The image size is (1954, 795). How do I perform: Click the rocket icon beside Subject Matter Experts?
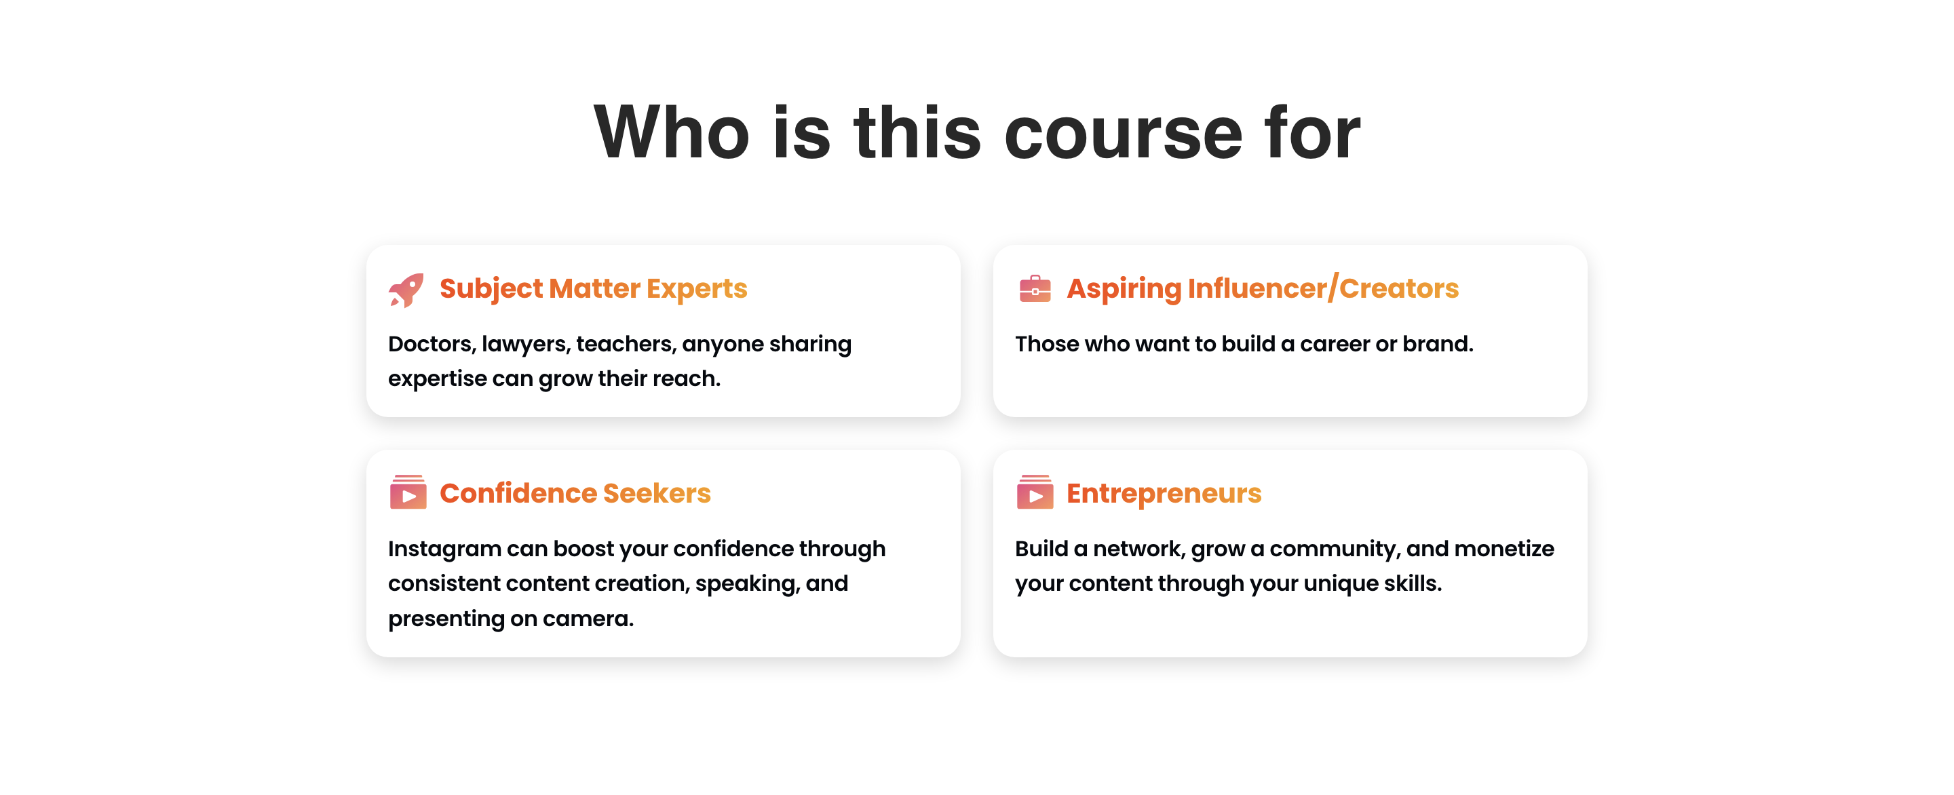[x=406, y=290]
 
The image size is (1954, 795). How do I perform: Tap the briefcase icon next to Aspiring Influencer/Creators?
[x=1035, y=288]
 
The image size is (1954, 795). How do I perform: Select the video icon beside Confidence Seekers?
[x=408, y=492]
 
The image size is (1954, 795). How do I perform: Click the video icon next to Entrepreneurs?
[x=1035, y=492]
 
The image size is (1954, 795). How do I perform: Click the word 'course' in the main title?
[x=1124, y=134]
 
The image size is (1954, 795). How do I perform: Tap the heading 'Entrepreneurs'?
[x=1164, y=494]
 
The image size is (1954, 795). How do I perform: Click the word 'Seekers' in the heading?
[x=657, y=493]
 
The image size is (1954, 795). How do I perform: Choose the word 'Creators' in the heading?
[x=1399, y=288]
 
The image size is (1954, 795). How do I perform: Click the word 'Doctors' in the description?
[x=432, y=344]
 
